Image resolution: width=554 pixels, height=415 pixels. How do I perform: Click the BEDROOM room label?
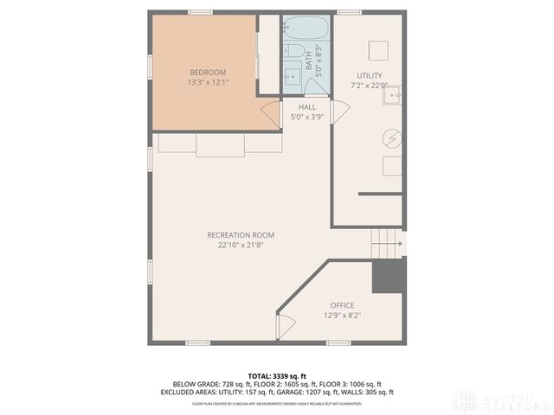tap(208, 72)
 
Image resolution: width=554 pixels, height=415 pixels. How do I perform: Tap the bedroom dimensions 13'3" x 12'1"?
tap(208, 82)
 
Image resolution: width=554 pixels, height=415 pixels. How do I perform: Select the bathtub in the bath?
tap(305, 29)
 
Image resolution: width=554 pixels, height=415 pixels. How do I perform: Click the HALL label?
tap(306, 107)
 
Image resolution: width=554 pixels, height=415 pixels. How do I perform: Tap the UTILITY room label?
tap(369, 76)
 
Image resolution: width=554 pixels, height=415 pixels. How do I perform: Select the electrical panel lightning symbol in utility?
tap(391, 138)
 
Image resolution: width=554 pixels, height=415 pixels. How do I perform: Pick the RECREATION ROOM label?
tap(240, 235)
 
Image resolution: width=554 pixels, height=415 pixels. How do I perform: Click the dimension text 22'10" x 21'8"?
tap(240, 246)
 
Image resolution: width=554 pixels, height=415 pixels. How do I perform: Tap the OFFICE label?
tap(342, 305)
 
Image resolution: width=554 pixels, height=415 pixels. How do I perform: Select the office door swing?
tap(283, 324)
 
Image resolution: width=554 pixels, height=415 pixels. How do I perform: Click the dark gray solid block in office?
tap(389, 277)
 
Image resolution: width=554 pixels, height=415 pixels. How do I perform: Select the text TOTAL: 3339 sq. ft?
tap(277, 375)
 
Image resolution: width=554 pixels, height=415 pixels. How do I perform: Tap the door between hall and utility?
tap(338, 110)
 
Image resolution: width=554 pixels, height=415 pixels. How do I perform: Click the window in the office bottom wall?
tap(338, 343)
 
